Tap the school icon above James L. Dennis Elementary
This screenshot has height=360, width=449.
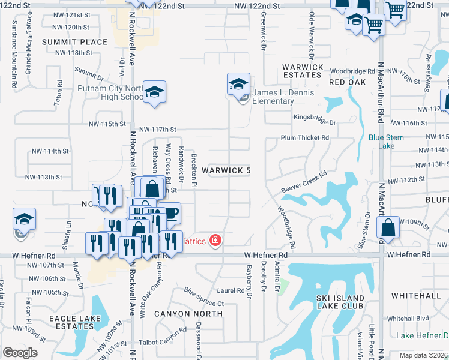(238, 83)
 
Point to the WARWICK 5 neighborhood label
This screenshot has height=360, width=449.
(226, 171)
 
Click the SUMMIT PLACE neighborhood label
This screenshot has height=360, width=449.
(75, 42)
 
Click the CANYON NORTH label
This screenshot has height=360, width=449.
(188, 313)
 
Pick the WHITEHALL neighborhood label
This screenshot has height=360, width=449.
(416, 296)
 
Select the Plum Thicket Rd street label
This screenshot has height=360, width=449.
(305, 138)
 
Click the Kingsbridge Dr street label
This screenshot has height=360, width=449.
(315, 118)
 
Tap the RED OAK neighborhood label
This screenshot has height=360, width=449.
(348, 82)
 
